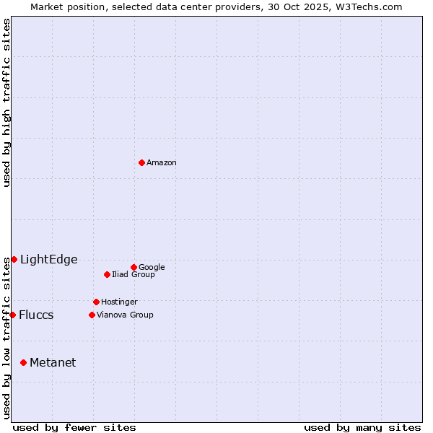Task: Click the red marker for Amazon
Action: coord(141,162)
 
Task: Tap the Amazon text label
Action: coord(162,163)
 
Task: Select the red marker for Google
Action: coord(134,267)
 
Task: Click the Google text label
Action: coord(152,268)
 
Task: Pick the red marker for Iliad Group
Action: coord(107,274)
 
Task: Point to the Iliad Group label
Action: coord(134,275)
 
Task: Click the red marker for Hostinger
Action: coord(96,302)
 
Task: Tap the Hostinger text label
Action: coord(119,302)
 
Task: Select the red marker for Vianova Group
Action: coord(92,315)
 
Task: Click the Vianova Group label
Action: coord(125,315)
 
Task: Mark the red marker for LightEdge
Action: coord(14,259)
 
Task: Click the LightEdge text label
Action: coord(48,260)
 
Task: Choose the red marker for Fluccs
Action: coord(12,315)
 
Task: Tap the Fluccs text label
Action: coord(36,315)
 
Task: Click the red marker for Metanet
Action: coord(23,362)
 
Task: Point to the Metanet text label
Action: coord(53,363)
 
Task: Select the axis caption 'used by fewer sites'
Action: coord(74,427)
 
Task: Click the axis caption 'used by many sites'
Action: coord(362,427)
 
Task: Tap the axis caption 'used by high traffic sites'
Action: coord(6,102)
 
